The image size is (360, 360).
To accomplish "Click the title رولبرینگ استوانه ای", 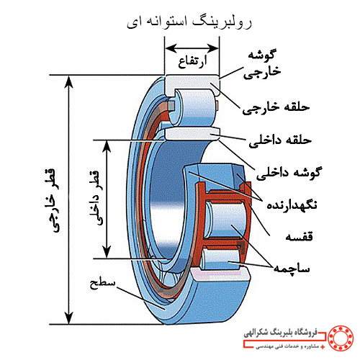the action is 189,22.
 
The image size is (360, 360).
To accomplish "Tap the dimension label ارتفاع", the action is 192,61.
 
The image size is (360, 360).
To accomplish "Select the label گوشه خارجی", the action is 262,64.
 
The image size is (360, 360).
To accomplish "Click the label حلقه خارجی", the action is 276,107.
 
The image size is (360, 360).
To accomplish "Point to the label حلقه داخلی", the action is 280,140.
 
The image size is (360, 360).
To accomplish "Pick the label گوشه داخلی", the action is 289,173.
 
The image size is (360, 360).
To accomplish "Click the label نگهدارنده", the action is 292,205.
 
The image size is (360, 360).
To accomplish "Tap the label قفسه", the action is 299,236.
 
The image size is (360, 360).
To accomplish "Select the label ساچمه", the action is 292,269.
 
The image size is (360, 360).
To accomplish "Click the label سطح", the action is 102,284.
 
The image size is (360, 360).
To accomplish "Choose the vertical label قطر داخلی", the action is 97,198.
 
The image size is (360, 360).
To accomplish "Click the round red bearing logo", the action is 341,338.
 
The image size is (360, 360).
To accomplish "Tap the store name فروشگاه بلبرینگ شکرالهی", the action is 281,333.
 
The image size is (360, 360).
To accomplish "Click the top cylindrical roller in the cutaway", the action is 192,107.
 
